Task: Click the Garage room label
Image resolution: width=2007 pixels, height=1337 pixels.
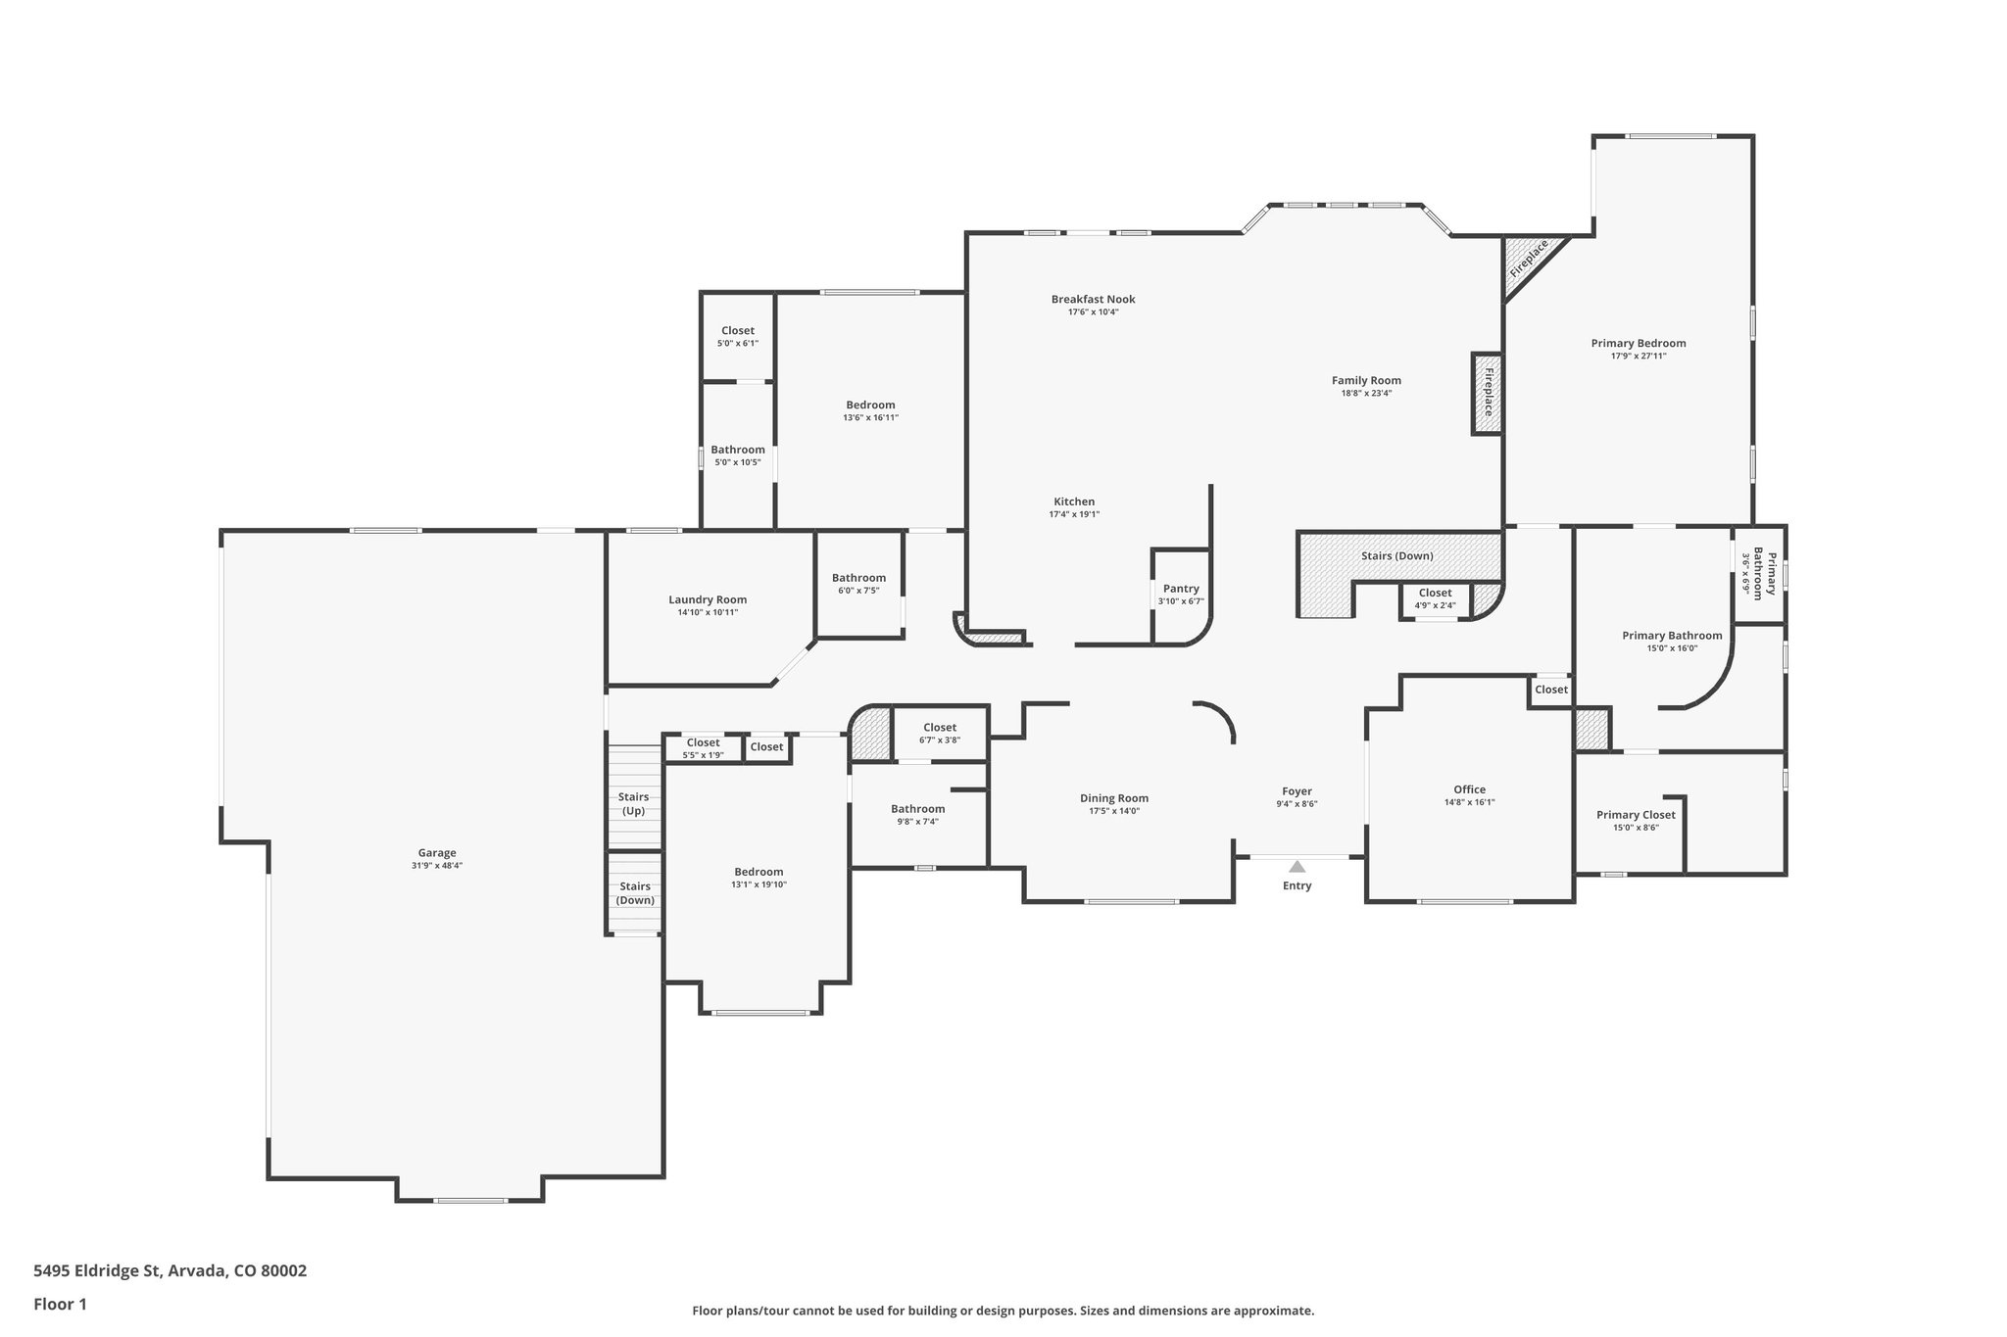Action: (x=437, y=853)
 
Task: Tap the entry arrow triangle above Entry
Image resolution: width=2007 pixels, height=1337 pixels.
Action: (x=1297, y=867)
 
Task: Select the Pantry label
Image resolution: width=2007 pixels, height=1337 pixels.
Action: (x=1181, y=589)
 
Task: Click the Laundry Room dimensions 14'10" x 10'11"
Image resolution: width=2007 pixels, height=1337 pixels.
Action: (x=708, y=612)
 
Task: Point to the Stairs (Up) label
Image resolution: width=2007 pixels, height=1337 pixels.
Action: (x=633, y=803)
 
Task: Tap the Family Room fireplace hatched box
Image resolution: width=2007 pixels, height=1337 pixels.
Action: (x=1487, y=393)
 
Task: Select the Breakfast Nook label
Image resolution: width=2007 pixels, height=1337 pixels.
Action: (x=1093, y=300)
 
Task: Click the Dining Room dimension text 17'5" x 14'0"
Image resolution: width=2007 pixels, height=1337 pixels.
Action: (x=1114, y=811)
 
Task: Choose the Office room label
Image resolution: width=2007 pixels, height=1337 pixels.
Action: (x=1469, y=789)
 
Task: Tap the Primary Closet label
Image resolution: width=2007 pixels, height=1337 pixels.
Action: (x=1636, y=815)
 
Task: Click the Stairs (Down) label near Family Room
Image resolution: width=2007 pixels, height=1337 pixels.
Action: (x=1396, y=556)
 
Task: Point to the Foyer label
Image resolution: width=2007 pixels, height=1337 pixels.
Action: (x=1297, y=791)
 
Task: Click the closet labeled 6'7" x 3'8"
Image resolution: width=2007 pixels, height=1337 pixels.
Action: (x=939, y=733)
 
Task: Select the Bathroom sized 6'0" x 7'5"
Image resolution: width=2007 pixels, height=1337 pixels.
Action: (x=858, y=584)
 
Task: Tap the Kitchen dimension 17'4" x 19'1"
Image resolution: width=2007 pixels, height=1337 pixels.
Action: (x=1074, y=514)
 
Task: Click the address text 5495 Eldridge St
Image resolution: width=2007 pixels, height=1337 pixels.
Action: (x=97, y=1270)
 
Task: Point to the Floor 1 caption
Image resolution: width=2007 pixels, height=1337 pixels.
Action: (x=60, y=1304)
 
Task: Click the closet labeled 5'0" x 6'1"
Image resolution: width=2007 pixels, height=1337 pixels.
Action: (x=738, y=336)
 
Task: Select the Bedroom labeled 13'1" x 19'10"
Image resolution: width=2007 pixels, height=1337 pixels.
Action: (x=759, y=878)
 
